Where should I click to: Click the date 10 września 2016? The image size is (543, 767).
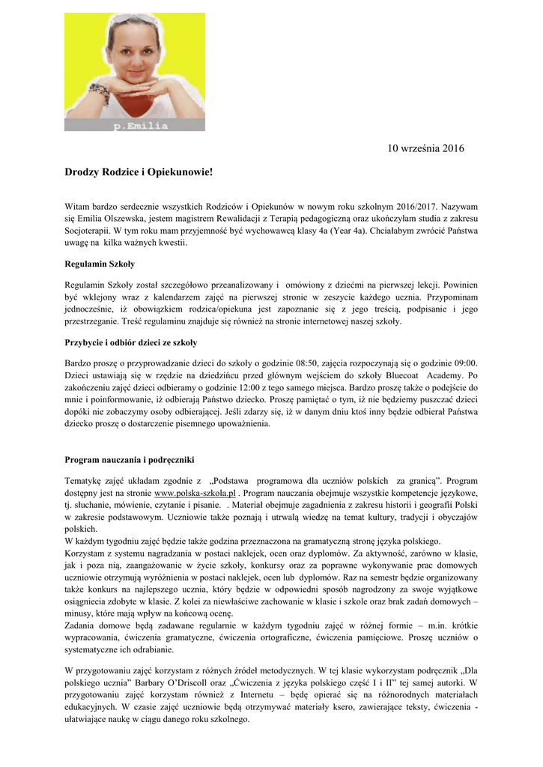click(425, 148)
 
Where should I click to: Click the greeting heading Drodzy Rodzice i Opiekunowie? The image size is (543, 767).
click(139, 172)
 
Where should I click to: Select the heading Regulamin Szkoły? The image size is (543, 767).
click(100, 264)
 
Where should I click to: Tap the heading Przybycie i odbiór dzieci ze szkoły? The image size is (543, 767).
click(131, 342)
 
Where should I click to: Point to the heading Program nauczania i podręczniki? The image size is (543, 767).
click(130, 459)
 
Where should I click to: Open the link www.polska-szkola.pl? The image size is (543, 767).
click(195, 494)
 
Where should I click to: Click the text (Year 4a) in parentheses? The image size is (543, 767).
click(339, 230)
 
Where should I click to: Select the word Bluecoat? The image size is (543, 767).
click(399, 375)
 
